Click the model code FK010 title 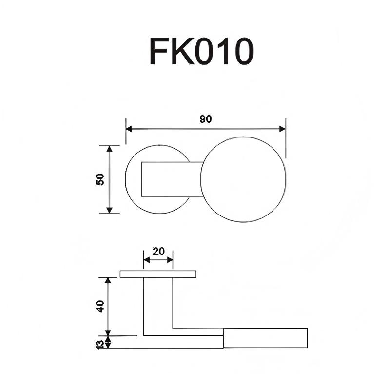click(x=201, y=52)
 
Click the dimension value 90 click(x=206, y=119)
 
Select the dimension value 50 click(x=100, y=179)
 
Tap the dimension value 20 click(x=158, y=252)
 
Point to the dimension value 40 click(x=100, y=306)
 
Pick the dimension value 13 click(x=100, y=344)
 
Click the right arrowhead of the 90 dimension click(x=282, y=129)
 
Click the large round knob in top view click(x=242, y=179)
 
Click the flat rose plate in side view click(x=158, y=274)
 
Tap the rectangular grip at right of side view click(x=265, y=338)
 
